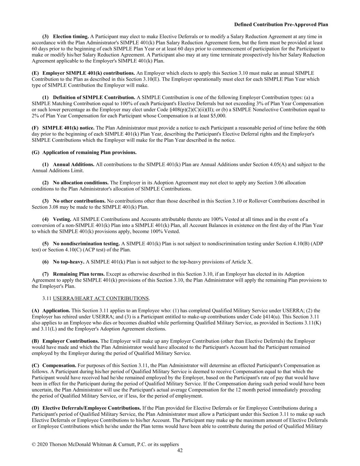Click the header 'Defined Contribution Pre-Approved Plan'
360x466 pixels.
click(x=281, y=25)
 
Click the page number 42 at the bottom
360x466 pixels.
click(x=180, y=451)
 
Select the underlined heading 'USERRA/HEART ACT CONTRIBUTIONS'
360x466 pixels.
click(x=101, y=298)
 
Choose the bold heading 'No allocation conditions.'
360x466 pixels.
click(x=81, y=183)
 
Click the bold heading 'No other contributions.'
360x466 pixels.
click(x=79, y=201)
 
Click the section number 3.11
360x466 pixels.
click(x=47, y=298)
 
